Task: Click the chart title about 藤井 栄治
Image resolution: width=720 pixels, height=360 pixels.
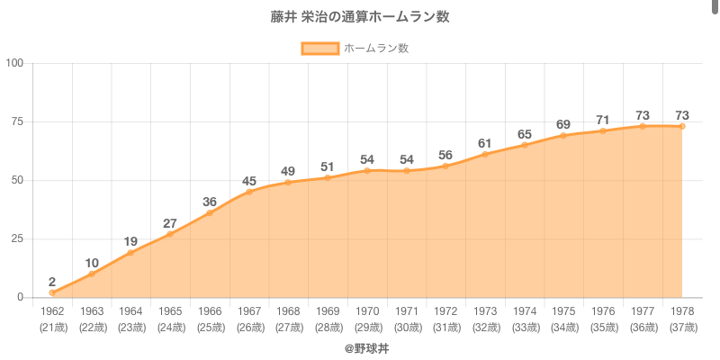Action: pos(360,17)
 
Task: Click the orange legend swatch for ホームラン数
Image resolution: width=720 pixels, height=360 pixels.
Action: pos(319,48)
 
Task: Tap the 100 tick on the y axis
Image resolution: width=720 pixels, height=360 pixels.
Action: pos(15,63)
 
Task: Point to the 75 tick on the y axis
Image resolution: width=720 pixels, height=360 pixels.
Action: pos(18,121)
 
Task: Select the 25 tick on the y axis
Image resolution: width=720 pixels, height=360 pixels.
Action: pos(18,238)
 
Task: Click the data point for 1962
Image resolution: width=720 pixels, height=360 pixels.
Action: pos(52,292)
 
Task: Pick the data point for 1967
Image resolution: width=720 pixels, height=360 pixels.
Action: pos(249,192)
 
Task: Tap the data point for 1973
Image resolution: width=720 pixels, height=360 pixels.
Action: pos(485,154)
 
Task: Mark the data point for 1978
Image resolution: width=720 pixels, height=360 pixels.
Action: pos(682,126)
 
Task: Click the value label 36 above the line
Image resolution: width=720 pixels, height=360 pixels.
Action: pos(210,202)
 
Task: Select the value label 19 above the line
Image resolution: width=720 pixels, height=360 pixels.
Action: pos(130,241)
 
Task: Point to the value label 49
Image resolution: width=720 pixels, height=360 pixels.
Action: pos(288,171)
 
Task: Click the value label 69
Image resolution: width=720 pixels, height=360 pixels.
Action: pos(563,124)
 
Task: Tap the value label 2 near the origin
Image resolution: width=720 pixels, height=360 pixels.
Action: pos(52,282)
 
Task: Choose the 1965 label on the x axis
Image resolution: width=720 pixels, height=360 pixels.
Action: pos(170,311)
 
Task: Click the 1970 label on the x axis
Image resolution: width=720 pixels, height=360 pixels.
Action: pos(367,311)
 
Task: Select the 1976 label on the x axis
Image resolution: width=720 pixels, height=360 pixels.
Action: pos(603,311)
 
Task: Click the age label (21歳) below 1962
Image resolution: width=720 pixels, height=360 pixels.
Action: pos(52,327)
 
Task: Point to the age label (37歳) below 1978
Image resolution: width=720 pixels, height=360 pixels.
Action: pos(682,327)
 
